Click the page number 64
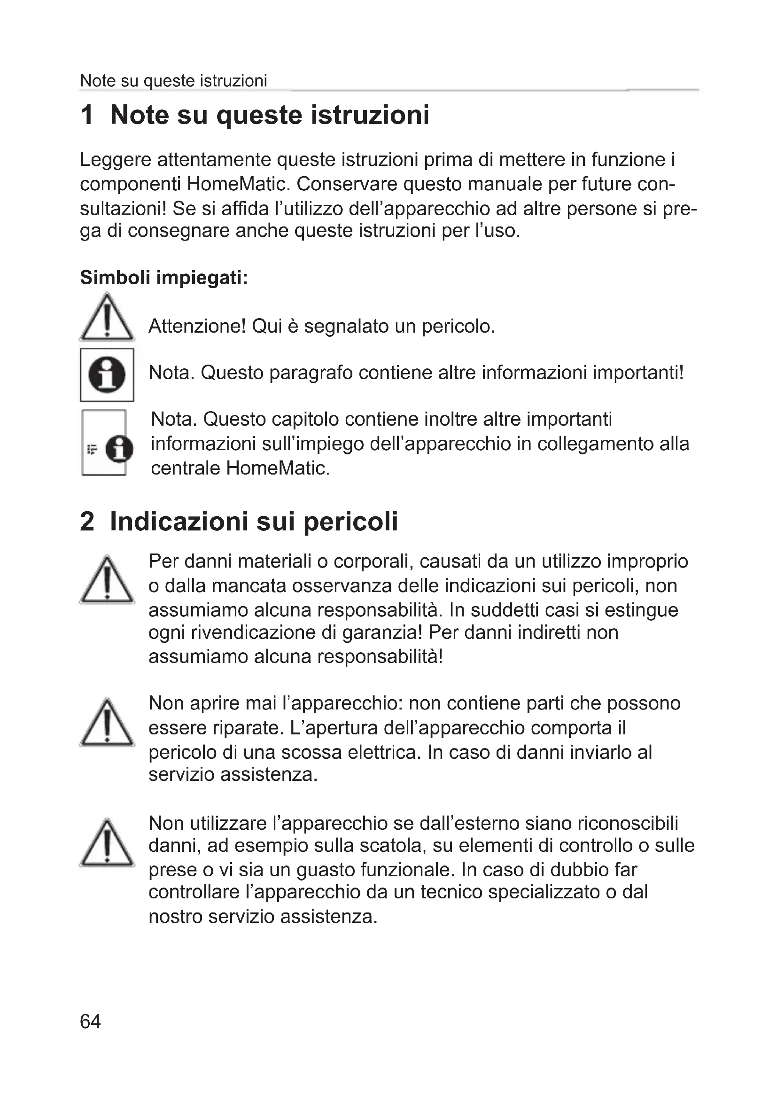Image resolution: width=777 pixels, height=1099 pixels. pos(90,1021)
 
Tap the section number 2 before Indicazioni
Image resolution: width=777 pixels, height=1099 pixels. pos(87,521)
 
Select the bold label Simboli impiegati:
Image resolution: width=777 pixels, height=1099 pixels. pos(163,278)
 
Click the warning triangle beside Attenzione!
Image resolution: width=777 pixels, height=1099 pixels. pos(107,318)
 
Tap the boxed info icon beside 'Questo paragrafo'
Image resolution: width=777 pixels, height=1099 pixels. pos(107,375)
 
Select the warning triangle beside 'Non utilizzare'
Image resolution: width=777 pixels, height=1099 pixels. pos(107,843)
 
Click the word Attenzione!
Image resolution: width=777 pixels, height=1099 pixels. pos(197,327)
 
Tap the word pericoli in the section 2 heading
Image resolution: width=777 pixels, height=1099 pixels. pos(350,522)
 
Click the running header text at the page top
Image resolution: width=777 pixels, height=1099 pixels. pos(173,81)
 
